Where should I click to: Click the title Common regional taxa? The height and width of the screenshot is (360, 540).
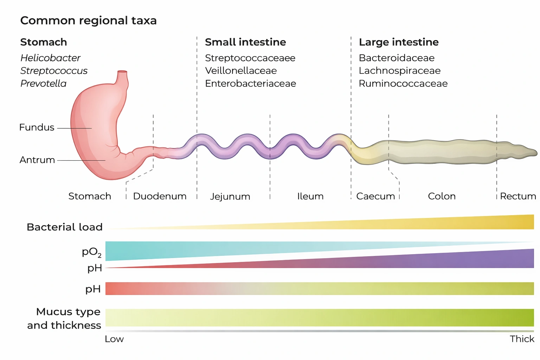(x=88, y=20)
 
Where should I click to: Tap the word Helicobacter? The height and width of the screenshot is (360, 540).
(x=50, y=58)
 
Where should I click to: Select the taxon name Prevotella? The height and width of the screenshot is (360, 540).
(x=43, y=83)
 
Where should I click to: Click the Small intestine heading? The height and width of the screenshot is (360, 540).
(x=245, y=42)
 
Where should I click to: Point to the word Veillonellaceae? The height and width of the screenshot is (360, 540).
(x=241, y=71)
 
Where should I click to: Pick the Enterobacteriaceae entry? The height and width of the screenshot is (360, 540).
(x=250, y=83)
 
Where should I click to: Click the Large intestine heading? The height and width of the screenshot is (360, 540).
(x=399, y=42)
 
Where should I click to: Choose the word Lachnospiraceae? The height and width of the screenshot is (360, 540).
(x=399, y=71)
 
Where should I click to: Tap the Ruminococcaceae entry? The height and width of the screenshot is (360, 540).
(x=403, y=83)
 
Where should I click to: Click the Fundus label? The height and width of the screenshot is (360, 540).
(x=37, y=127)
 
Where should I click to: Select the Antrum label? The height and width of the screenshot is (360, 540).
(x=37, y=160)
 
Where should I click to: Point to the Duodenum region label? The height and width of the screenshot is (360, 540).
(x=160, y=196)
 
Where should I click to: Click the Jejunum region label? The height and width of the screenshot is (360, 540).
(x=230, y=197)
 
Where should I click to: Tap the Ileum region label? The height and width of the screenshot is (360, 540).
(x=310, y=196)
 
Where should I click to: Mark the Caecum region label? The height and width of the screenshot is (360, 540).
(x=375, y=196)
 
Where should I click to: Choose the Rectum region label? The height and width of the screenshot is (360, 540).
(x=518, y=196)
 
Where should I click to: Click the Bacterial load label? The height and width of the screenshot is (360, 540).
(x=65, y=227)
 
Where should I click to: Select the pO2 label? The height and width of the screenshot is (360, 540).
(x=91, y=252)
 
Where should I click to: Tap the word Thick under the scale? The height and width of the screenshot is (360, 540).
(x=522, y=339)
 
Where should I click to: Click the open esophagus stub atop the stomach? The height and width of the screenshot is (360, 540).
(x=122, y=72)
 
